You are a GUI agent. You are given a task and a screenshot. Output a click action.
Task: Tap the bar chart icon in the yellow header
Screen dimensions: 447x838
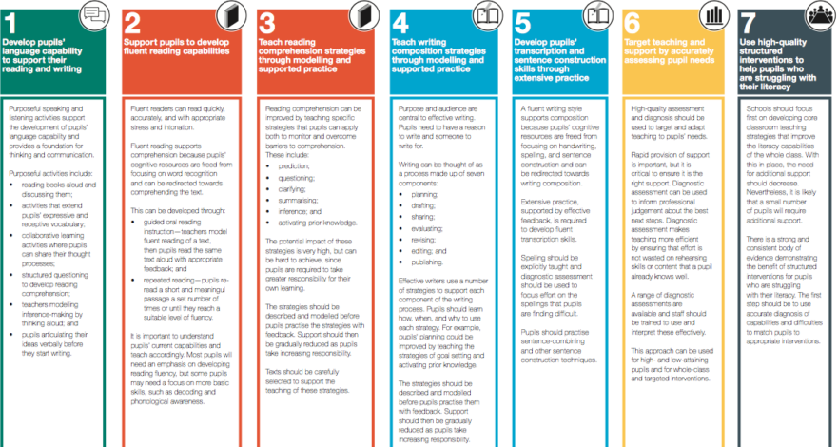point(712,16)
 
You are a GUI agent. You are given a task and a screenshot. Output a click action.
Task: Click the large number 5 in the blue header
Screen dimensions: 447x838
point(522,23)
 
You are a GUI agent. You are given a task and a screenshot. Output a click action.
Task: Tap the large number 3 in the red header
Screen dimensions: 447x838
point(270,23)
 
